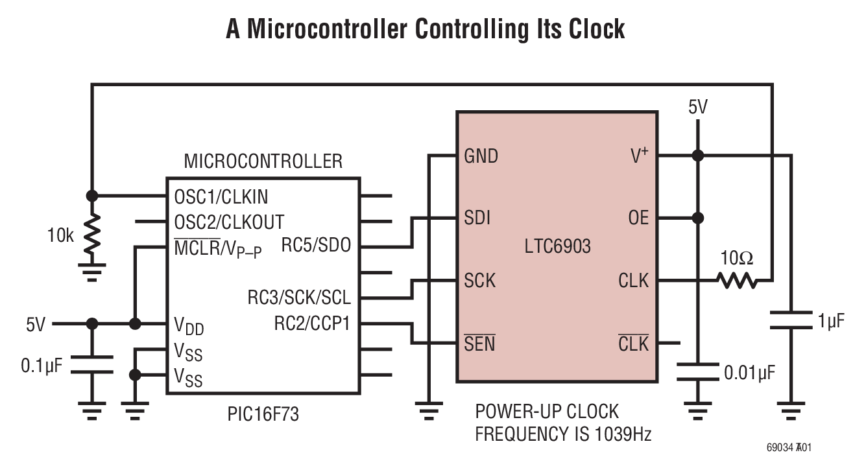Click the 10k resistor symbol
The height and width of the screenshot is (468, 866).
(x=92, y=235)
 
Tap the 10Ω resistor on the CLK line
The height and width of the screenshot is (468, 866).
(x=736, y=281)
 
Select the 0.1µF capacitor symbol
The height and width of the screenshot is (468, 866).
(x=92, y=364)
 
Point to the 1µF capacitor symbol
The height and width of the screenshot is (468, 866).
(x=791, y=321)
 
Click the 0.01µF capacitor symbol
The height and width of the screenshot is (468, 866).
(x=697, y=371)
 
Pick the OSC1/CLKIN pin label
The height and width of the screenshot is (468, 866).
(x=221, y=196)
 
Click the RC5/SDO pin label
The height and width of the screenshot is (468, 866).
(x=316, y=246)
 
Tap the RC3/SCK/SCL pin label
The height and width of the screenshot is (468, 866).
(x=299, y=298)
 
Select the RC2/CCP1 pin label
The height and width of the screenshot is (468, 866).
(x=312, y=323)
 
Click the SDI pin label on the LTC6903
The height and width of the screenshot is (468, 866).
(x=477, y=218)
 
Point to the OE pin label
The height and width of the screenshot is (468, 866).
(x=638, y=218)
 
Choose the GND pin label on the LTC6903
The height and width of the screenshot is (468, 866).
(x=481, y=156)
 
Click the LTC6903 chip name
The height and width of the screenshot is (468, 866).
(x=557, y=246)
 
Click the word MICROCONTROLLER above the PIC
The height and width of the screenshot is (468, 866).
(x=263, y=161)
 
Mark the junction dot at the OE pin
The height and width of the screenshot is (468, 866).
(x=697, y=218)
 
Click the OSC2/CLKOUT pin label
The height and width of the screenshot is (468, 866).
(x=229, y=222)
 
